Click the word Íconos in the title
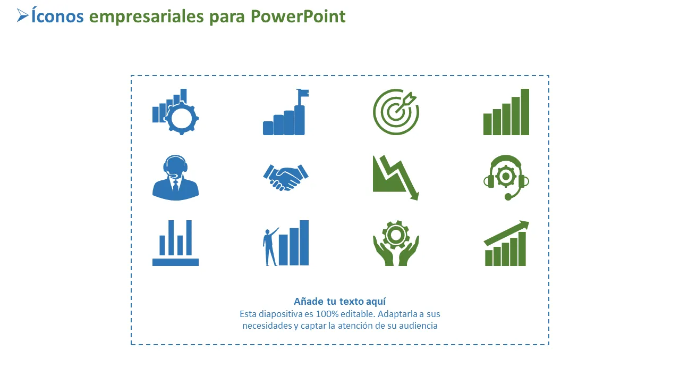(x=57, y=16)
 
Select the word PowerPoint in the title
(x=298, y=16)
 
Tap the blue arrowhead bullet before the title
(x=22, y=15)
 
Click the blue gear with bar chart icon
(x=175, y=112)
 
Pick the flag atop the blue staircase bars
(x=303, y=93)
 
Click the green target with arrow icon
(x=396, y=112)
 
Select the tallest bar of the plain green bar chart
(x=525, y=112)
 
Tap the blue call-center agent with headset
(x=175, y=178)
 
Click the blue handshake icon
(x=286, y=178)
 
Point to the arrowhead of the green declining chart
(x=415, y=195)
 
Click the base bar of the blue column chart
(x=175, y=262)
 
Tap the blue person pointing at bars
(x=270, y=246)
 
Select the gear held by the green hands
(x=396, y=235)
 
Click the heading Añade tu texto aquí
(x=339, y=302)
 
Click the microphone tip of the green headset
(x=508, y=197)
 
